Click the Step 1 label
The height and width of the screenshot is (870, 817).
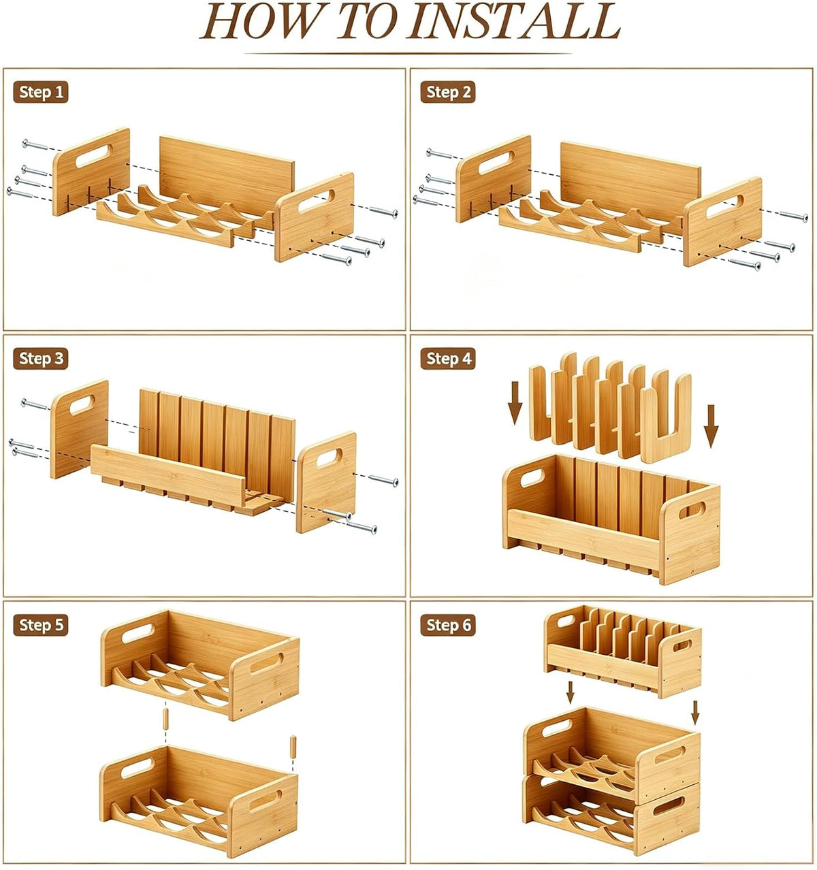point(41,93)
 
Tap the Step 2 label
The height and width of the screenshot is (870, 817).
point(447,93)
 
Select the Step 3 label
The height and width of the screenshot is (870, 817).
point(41,359)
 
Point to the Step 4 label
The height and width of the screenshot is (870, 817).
point(447,359)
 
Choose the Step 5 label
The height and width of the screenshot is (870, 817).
point(41,625)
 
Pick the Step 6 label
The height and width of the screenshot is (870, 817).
point(447,625)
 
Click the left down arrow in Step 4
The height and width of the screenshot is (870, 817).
point(515,402)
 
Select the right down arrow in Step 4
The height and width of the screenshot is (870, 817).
point(711,425)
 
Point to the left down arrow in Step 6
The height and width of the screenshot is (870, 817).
point(571,692)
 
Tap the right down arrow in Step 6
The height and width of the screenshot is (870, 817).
point(695,713)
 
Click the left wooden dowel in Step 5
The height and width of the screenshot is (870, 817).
point(165,719)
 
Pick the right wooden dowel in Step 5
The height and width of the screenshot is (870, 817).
point(293,746)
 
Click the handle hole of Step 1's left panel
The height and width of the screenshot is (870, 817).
point(93,155)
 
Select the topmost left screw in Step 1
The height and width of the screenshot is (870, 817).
point(35,144)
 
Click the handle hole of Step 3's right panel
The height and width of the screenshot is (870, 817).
point(329,457)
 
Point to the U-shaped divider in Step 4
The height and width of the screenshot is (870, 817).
point(666,419)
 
